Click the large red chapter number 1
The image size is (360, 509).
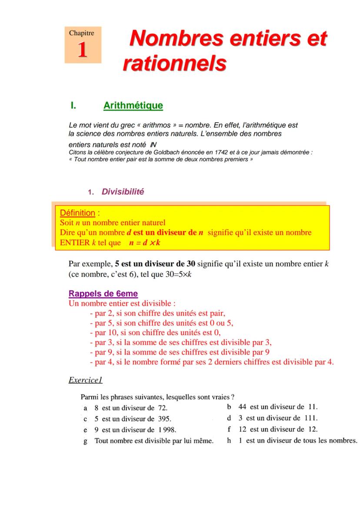tap(82, 50)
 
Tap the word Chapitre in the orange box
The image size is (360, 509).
tap(82, 33)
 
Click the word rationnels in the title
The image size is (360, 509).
tap(174, 63)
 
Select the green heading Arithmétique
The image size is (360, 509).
tap(133, 105)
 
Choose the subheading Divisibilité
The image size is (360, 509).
tap(123, 192)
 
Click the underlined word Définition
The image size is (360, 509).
tap(77, 213)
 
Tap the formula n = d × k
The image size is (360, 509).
tap(145, 243)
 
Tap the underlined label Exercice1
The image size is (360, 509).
tap(85, 380)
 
